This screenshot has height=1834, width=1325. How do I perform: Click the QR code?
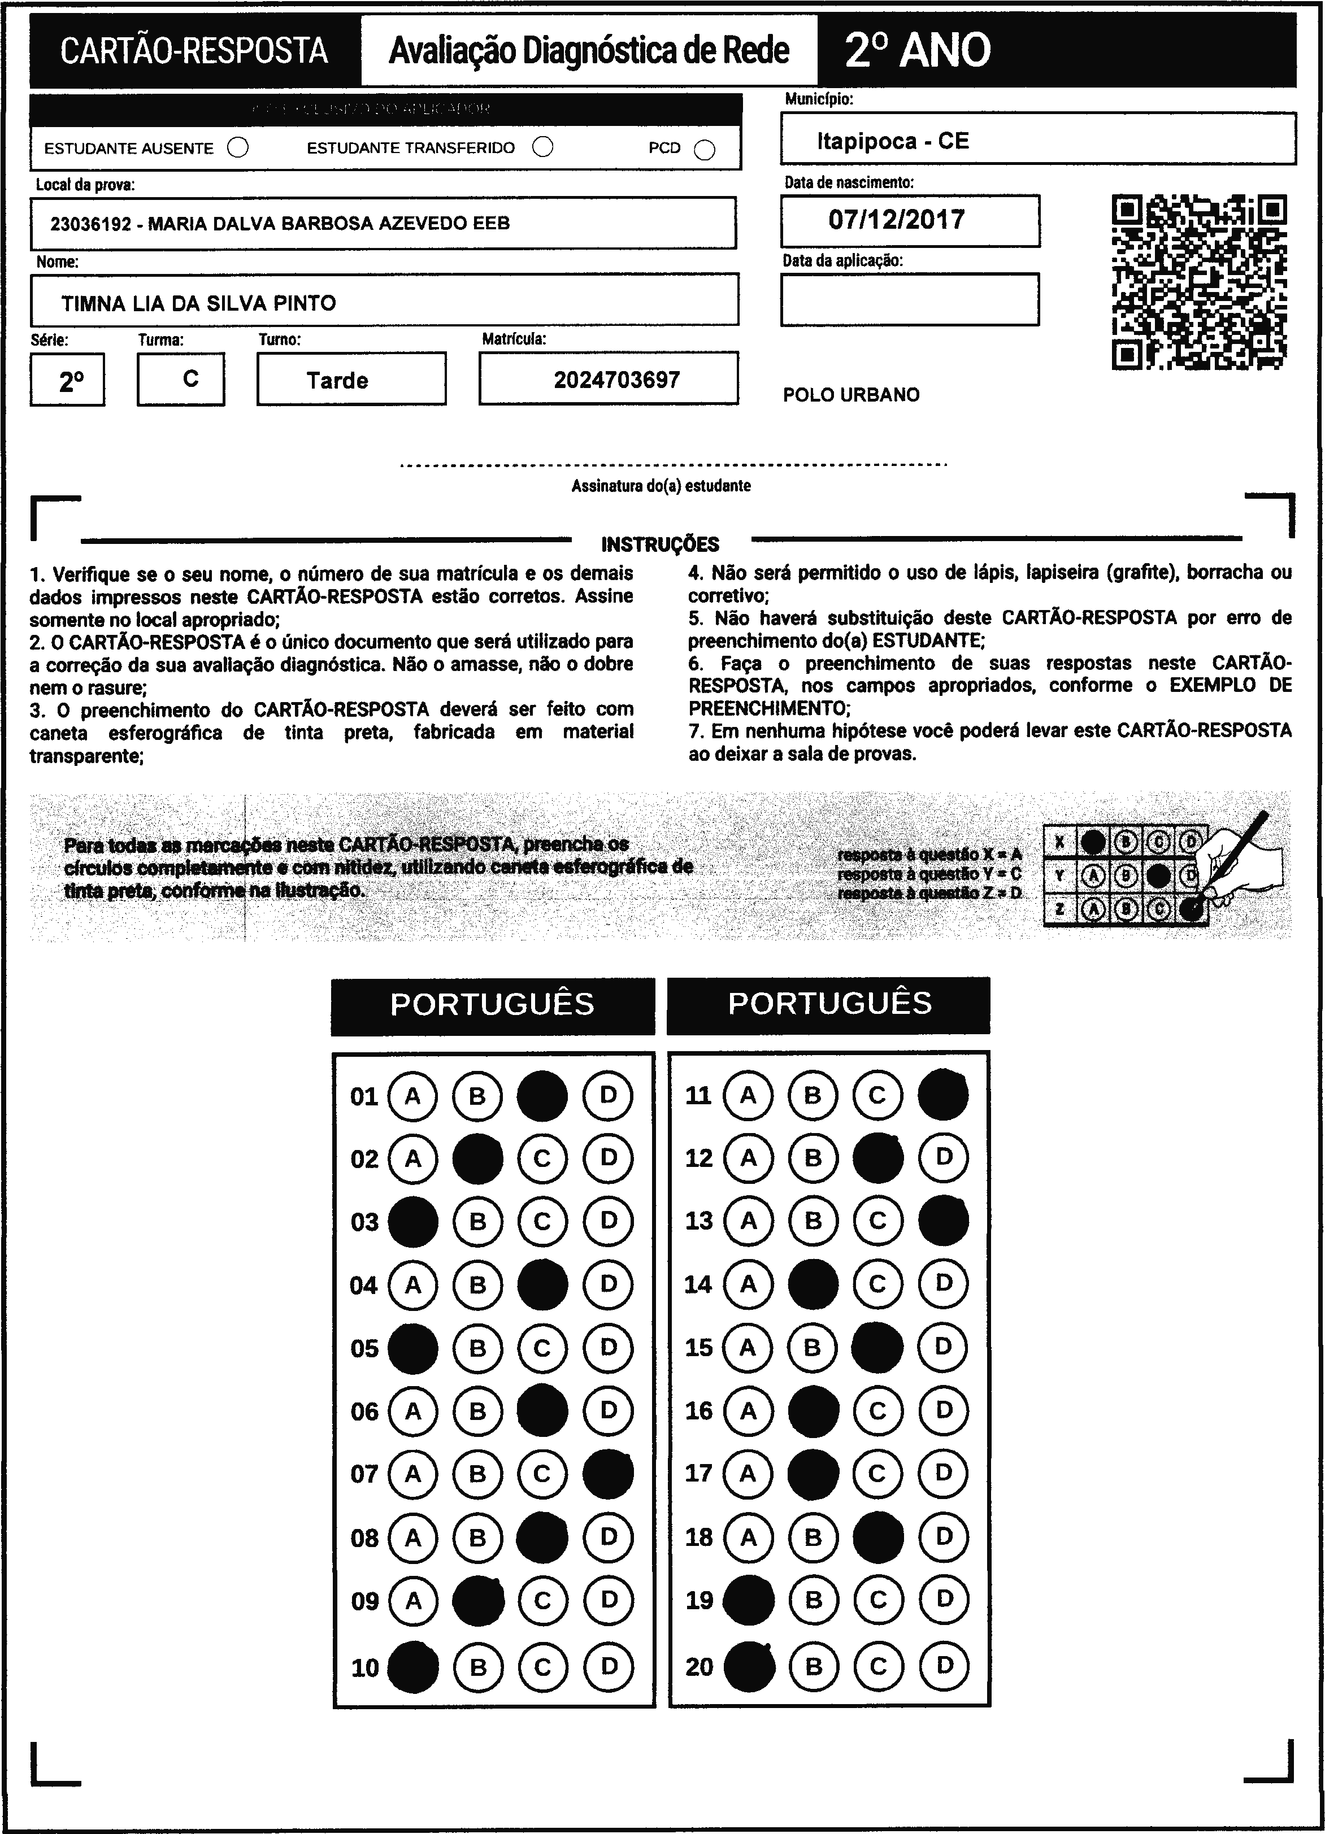click(x=1199, y=281)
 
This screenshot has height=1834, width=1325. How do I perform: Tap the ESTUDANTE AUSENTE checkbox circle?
click(x=238, y=148)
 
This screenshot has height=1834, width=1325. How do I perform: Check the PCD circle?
click(x=705, y=150)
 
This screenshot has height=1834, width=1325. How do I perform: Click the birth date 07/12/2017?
click(x=896, y=220)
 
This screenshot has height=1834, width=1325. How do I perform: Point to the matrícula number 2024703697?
click(x=616, y=380)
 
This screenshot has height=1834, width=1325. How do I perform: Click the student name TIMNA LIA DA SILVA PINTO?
click(x=199, y=303)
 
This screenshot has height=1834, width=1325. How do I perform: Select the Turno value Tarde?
click(x=337, y=380)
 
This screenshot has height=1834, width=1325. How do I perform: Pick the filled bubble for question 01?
click(x=542, y=1096)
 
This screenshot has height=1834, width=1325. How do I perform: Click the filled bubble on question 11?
click(x=943, y=1095)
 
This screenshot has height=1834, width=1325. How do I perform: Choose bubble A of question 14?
click(x=748, y=1284)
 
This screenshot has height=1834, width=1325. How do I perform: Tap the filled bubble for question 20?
click(x=749, y=1667)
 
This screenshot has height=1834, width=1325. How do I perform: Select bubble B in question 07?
click(x=477, y=1473)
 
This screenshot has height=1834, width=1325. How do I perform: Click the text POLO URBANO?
click(x=851, y=395)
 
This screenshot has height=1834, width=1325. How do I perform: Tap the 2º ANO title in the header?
click(x=917, y=50)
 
